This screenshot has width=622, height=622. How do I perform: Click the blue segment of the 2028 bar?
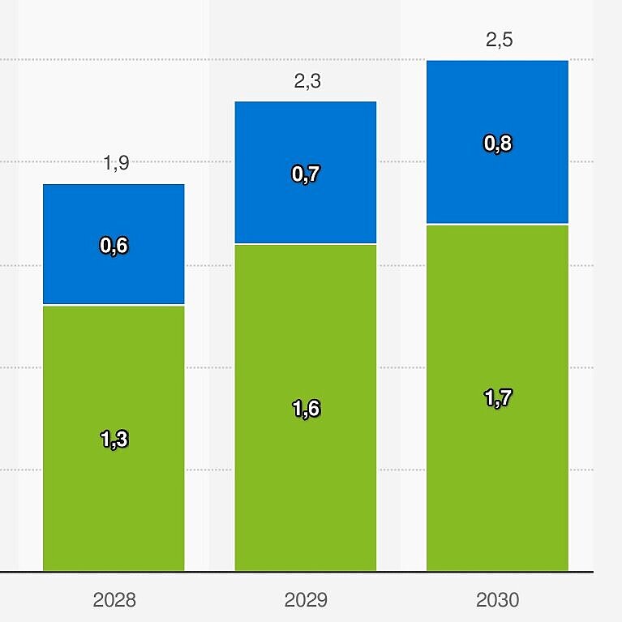coord(114,211)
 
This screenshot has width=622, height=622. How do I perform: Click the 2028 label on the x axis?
coord(114,600)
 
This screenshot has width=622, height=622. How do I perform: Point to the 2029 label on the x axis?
coord(306,600)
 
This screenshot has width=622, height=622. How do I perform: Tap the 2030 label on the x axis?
coord(497,600)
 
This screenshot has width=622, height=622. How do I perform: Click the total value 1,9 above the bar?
coord(116,164)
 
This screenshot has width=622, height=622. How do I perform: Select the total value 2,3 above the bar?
coord(307,81)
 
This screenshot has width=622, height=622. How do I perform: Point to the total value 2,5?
coord(499,41)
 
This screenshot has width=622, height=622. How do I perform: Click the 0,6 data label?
coord(114,246)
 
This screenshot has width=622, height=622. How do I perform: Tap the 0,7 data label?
coord(306,174)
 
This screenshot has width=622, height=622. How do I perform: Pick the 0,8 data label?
coord(498,144)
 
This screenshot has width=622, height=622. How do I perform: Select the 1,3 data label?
coord(114,440)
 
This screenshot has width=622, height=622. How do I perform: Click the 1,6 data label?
coord(306,409)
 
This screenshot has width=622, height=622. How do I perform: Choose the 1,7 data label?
coord(498,398)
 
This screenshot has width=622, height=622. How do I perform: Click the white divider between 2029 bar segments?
coord(305,243)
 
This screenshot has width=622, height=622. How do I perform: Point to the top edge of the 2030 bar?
coord(497,61)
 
